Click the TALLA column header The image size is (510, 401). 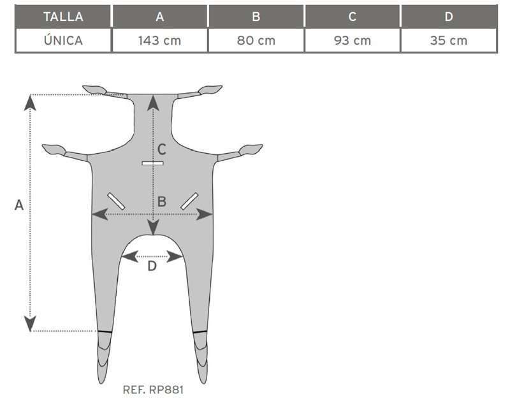tap(63, 17)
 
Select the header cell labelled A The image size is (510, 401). tap(160, 17)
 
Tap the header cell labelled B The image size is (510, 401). tap(256, 17)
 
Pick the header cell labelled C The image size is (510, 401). tap(353, 17)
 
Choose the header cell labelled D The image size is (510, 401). tap(449, 17)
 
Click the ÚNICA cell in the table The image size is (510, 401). tap(63, 41)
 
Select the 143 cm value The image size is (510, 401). tap(160, 41)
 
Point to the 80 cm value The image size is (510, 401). tap(256, 41)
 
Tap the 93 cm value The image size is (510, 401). tap(353, 41)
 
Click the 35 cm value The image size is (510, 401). tap(449, 41)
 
